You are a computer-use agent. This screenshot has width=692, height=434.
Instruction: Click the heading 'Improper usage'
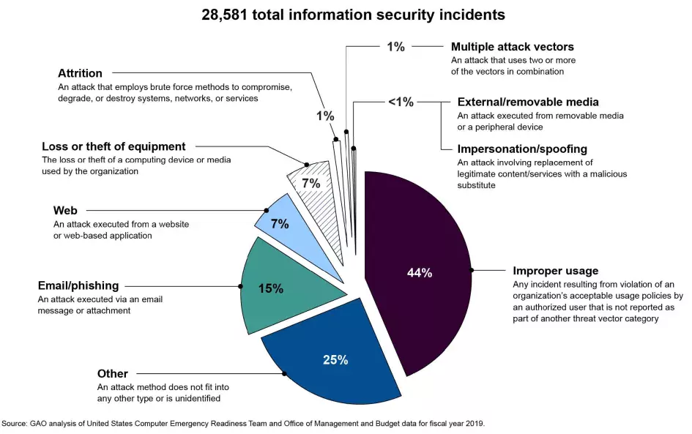(556, 271)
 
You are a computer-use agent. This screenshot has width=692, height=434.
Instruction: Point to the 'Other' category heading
(113, 374)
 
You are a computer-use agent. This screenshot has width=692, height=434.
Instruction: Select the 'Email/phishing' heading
(78, 285)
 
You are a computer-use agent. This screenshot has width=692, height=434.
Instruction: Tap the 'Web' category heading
(65, 211)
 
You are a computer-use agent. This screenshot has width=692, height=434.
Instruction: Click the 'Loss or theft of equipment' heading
(114, 146)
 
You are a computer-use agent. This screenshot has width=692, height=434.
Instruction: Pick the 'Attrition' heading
(80, 73)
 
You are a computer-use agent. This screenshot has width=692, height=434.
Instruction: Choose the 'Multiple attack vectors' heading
(513, 47)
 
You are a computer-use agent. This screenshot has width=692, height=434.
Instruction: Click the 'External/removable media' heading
(528, 102)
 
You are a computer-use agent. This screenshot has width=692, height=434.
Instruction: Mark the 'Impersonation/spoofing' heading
(521, 149)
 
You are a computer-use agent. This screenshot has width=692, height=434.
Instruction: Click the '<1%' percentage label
(401, 102)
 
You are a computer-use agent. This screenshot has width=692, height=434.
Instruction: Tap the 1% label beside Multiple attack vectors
(395, 47)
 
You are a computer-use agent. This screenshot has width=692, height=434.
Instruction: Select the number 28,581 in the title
(227, 15)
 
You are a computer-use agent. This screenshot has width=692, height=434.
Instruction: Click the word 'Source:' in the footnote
(14, 423)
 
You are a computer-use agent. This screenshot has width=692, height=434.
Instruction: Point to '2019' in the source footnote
(474, 423)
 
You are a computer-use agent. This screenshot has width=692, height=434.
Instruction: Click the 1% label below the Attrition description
(325, 116)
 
